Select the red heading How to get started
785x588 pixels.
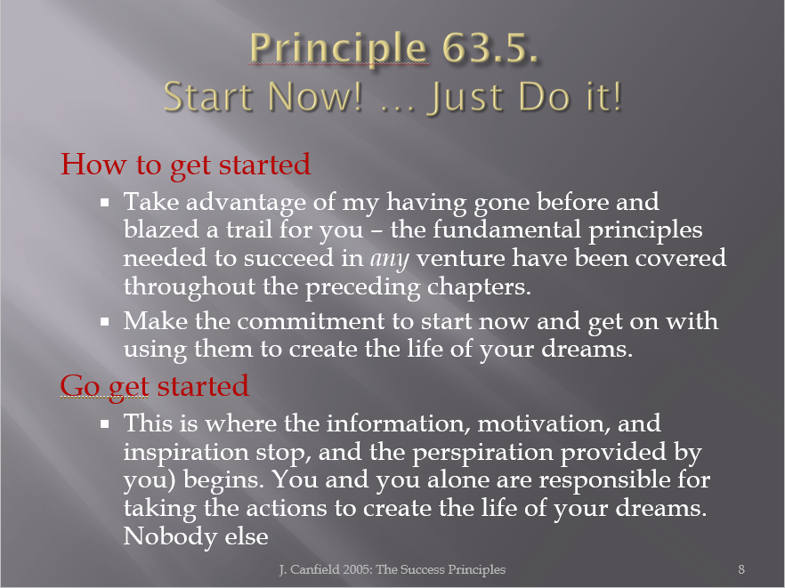point(185,165)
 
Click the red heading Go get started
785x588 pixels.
point(154,386)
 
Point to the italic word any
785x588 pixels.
point(390,259)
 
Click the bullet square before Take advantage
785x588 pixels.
point(105,203)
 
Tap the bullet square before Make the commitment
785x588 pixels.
point(105,322)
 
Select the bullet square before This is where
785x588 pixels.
point(105,424)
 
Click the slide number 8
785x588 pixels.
point(741,569)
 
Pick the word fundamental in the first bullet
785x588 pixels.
point(506,230)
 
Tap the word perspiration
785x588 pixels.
point(483,454)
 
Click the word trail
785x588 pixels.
point(249,230)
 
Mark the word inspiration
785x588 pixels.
point(186,454)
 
